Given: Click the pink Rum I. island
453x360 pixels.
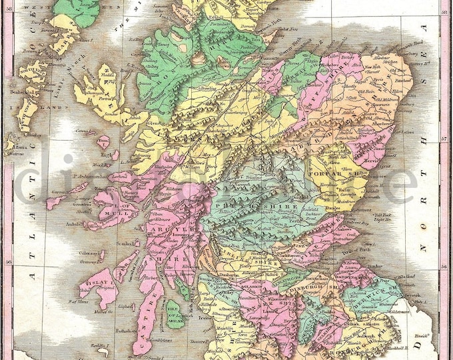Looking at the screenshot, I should click(x=103, y=142).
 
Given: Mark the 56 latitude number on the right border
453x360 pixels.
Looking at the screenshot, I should click(x=444, y=265).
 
